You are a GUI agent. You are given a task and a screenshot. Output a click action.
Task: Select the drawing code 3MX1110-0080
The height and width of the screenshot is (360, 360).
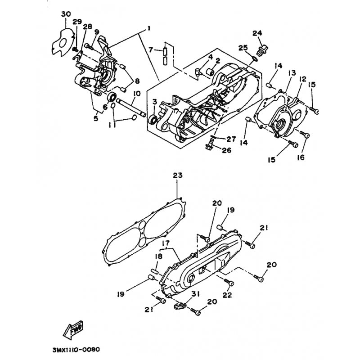click(76, 350)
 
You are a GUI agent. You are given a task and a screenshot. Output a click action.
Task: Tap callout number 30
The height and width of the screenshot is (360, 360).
click(66, 14)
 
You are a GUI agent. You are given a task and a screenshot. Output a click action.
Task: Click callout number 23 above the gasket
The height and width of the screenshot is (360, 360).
click(178, 175)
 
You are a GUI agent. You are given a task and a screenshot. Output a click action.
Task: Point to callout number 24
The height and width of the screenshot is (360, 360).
click(257, 33)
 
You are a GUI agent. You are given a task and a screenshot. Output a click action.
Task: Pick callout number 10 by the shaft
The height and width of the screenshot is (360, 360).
click(136, 94)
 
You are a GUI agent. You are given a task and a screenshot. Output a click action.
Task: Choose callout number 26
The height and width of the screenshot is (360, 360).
click(226, 150)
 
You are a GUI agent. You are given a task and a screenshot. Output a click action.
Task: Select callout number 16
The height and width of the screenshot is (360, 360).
click(301, 157)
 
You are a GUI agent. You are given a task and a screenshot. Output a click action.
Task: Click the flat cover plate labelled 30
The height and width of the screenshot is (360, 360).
click(63, 42)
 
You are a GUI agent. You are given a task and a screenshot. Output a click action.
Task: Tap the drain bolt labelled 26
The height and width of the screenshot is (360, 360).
click(209, 144)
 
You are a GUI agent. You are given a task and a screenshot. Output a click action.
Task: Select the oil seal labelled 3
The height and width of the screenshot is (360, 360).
click(153, 120)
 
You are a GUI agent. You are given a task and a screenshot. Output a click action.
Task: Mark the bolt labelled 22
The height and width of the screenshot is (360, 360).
click(229, 283)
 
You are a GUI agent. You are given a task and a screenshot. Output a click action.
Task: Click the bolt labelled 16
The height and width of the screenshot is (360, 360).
click(305, 135)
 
